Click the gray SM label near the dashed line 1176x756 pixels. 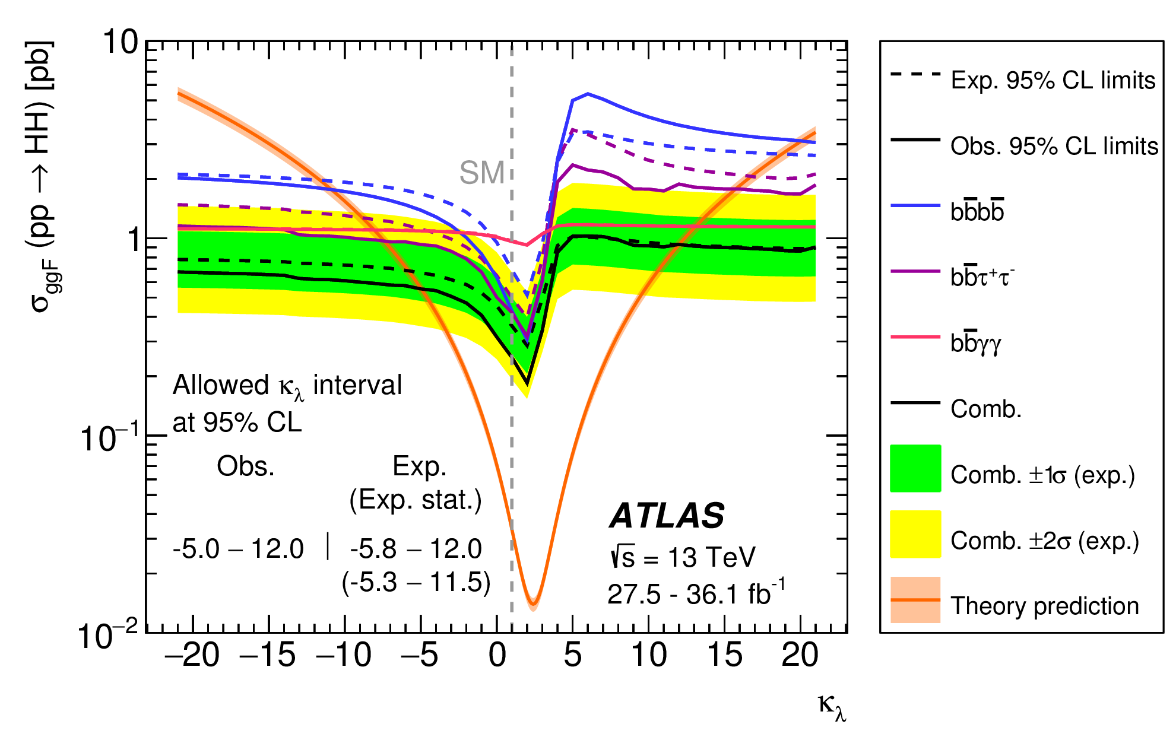[481, 173]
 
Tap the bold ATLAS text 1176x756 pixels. [667, 515]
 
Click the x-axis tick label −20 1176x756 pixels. [192, 655]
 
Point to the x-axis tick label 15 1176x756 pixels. [724, 655]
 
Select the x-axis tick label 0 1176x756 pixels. [497, 655]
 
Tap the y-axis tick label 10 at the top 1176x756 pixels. [120, 43]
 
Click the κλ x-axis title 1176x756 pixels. [831, 706]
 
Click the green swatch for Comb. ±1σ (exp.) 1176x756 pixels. [915, 468]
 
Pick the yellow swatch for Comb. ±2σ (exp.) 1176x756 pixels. [915, 534]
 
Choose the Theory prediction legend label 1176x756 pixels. [1044, 606]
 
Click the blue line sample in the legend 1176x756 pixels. [915, 205]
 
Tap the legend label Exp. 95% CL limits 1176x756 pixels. [1053, 80]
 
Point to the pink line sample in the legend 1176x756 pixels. [915, 337]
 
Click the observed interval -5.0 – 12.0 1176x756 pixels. [238, 549]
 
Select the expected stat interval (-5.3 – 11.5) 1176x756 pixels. [416, 583]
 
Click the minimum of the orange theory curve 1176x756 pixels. [532, 604]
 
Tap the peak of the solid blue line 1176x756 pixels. [588, 94]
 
